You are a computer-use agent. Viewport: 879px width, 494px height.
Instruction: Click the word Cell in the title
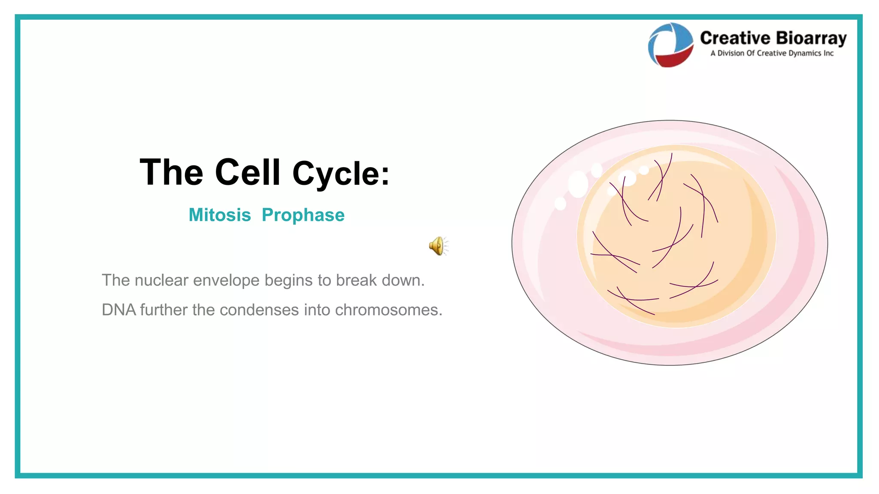pos(248,172)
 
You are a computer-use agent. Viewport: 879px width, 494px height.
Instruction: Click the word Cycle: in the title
pos(341,174)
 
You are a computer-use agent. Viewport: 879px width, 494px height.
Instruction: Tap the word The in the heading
pos(171,172)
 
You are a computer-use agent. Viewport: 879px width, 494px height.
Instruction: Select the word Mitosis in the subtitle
pos(220,215)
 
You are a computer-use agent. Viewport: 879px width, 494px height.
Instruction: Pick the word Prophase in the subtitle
pos(303,215)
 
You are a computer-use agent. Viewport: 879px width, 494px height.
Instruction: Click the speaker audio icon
pos(437,246)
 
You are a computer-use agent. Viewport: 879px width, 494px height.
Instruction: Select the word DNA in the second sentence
pos(118,310)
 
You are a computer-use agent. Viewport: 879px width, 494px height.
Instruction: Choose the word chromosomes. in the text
pos(388,310)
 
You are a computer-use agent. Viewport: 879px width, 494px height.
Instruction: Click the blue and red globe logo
pos(670,45)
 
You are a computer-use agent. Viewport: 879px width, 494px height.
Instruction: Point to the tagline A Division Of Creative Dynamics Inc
pos(772,53)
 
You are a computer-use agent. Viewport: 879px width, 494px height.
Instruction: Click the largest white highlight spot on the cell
pos(578,184)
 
